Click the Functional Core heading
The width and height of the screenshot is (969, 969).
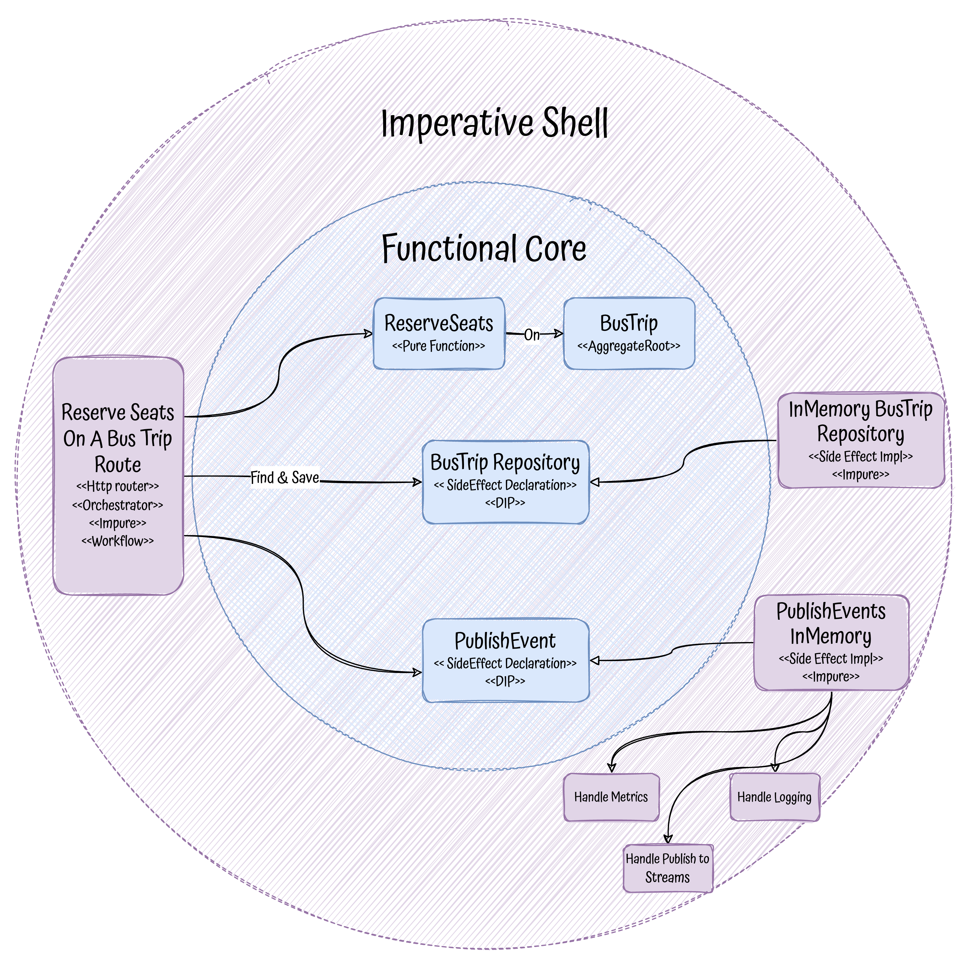(x=484, y=248)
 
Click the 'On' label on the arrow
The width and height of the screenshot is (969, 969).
(x=532, y=334)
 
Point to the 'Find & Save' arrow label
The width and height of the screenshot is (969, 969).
(x=284, y=477)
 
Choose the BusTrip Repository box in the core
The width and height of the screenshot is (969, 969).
(x=505, y=482)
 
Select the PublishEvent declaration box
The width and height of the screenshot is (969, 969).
(x=505, y=660)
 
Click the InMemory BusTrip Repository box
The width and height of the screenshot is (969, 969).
(x=861, y=440)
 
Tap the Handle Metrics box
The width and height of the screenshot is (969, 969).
(x=611, y=797)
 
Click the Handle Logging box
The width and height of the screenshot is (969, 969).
(x=774, y=797)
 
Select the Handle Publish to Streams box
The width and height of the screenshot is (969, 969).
(x=668, y=868)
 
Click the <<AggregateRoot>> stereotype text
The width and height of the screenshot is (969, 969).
(x=629, y=346)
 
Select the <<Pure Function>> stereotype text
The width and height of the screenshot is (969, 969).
(x=439, y=346)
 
